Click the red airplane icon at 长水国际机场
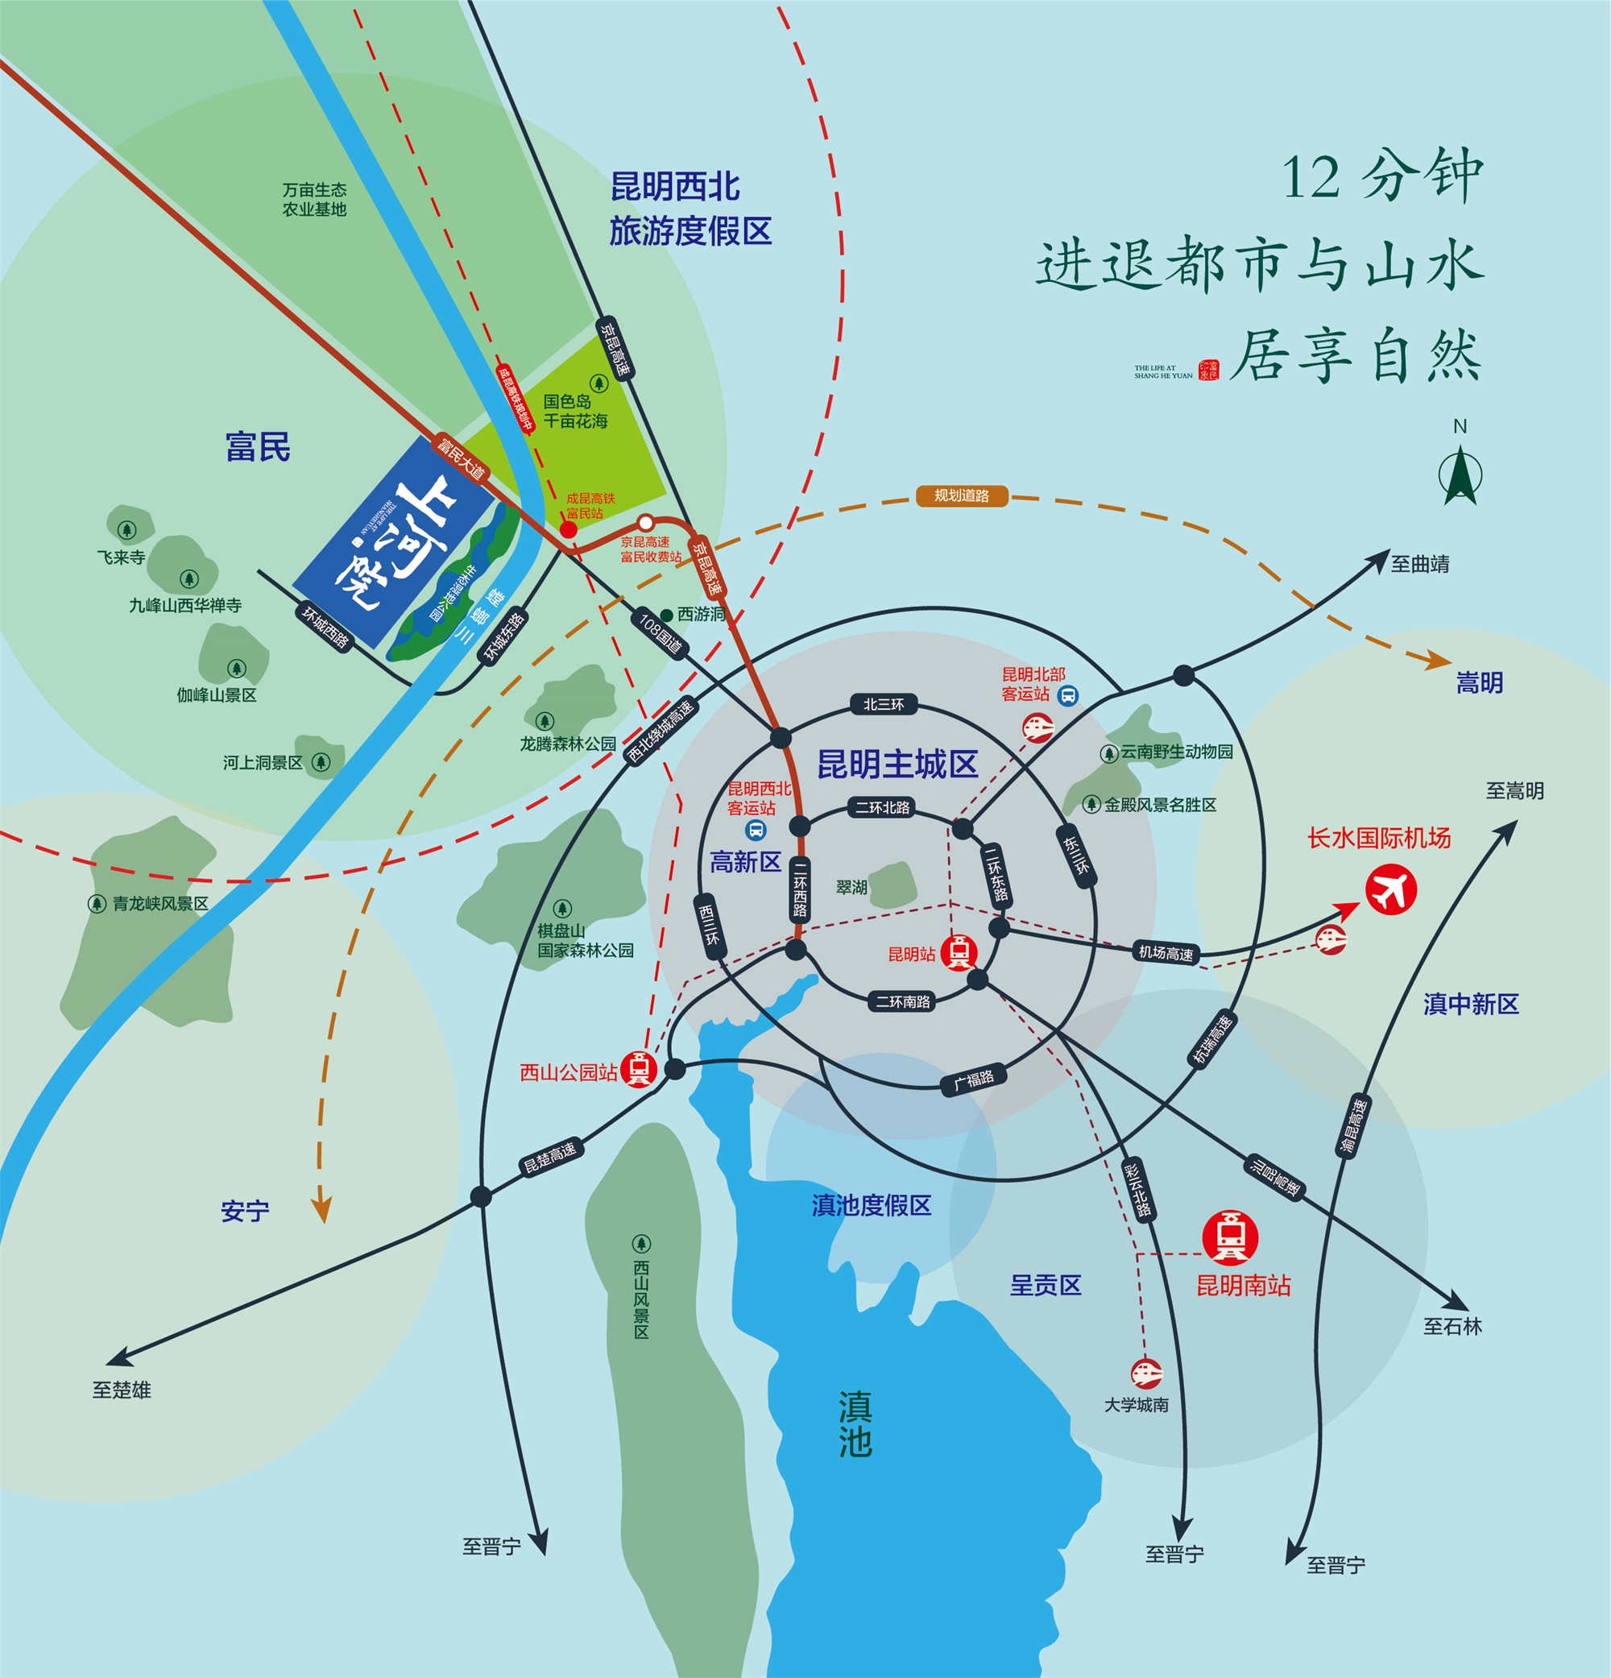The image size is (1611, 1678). point(1390,890)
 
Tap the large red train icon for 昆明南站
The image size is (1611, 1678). point(1230,1238)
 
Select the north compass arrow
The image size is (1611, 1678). point(1460,476)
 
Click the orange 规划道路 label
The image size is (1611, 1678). point(961,495)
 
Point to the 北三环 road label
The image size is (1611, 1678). point(884,705)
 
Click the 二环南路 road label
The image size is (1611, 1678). point(902,1001)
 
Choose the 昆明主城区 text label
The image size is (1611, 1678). point(897,764)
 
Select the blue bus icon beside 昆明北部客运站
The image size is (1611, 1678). point(1067,695)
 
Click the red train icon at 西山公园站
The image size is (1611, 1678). point(639,1069)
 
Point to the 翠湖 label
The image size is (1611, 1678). point(851,887)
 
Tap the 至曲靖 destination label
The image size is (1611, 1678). point(1420,564)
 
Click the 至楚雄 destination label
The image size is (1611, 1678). point(122,1390)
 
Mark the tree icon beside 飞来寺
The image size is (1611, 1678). point(126,530)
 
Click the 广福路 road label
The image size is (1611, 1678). point(974,1079)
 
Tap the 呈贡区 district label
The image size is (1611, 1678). point(1046,1285)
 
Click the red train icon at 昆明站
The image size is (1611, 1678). point(959,952)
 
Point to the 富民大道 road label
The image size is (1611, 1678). point(460,458)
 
